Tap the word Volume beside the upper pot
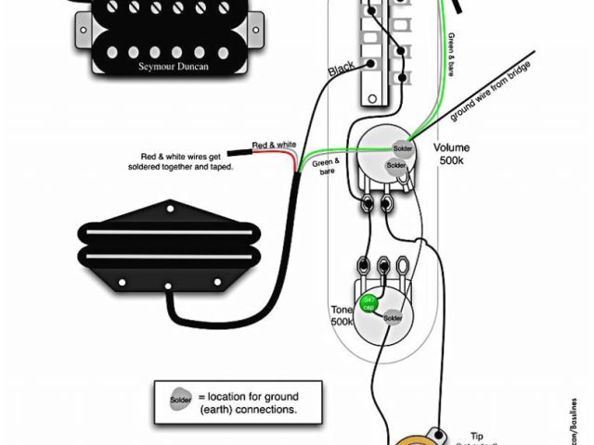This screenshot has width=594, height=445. coord(451,148)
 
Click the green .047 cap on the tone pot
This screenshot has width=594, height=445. coord(368,301)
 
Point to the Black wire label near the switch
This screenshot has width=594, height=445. coord(342,70)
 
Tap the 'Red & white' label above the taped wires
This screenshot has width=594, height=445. coord(274,145)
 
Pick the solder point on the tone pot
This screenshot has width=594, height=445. coord(393,317)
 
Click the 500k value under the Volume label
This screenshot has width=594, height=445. coord(452,162)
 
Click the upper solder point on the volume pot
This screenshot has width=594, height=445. coord(402,149)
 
